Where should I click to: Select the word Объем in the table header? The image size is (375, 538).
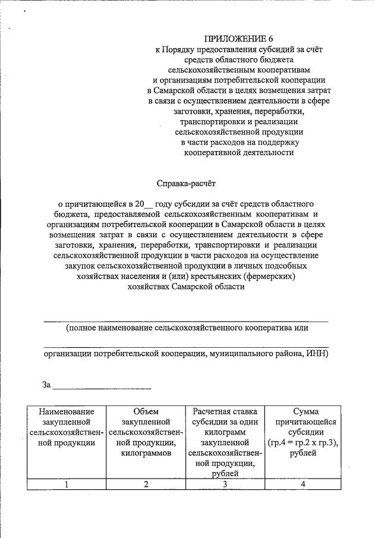146,411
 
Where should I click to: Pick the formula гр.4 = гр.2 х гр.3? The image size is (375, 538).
303,443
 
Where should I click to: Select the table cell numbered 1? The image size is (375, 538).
67,484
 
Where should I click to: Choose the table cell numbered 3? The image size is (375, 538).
225,484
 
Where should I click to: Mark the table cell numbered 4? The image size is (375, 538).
303,484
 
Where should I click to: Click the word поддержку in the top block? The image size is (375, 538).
280,142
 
